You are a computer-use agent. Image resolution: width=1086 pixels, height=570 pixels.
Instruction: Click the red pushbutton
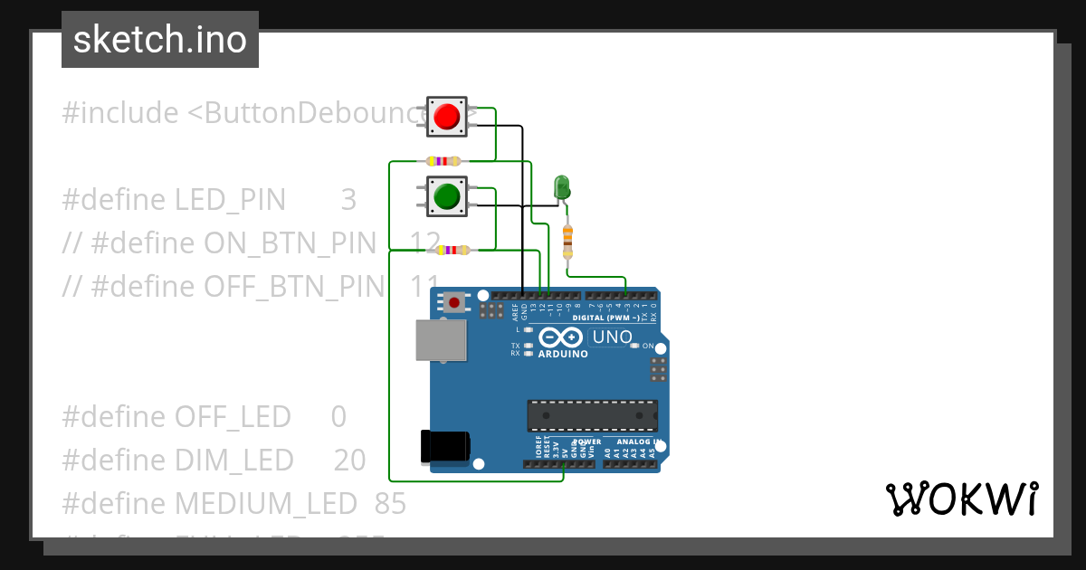tap(446, 117)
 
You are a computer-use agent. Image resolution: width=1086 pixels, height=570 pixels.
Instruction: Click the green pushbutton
tap(446, 195)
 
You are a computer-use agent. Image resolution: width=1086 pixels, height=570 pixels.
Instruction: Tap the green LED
tap(561, 187)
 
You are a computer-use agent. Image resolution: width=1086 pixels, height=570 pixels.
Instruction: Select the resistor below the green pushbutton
tap(453, 250)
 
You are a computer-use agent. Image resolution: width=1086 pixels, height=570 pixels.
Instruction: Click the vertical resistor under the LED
tap(567, 239)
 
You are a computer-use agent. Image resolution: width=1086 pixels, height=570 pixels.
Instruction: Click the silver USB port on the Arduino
tap(441, 340)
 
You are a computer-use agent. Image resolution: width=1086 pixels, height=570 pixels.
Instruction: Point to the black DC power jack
tap(444, 446)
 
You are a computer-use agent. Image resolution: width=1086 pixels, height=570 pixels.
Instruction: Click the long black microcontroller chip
tap(593, 414)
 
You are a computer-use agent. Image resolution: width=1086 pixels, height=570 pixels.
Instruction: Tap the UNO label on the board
tap(612, 337)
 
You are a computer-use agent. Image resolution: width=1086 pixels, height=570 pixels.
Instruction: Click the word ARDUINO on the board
tap(563, 354)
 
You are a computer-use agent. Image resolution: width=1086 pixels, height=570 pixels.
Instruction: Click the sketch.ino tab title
tap(160, 40)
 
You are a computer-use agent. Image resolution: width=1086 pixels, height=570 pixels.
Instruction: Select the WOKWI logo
tap(960, 499)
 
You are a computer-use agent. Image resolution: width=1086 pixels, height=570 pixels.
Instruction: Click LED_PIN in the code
tap(230, 199)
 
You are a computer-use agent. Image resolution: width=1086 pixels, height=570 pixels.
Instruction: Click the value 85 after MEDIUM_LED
tap(390, 503)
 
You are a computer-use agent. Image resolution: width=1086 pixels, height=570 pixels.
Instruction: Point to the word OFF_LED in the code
tap(233, 417)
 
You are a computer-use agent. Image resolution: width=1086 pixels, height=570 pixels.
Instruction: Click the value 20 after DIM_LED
tap(349, 461)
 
